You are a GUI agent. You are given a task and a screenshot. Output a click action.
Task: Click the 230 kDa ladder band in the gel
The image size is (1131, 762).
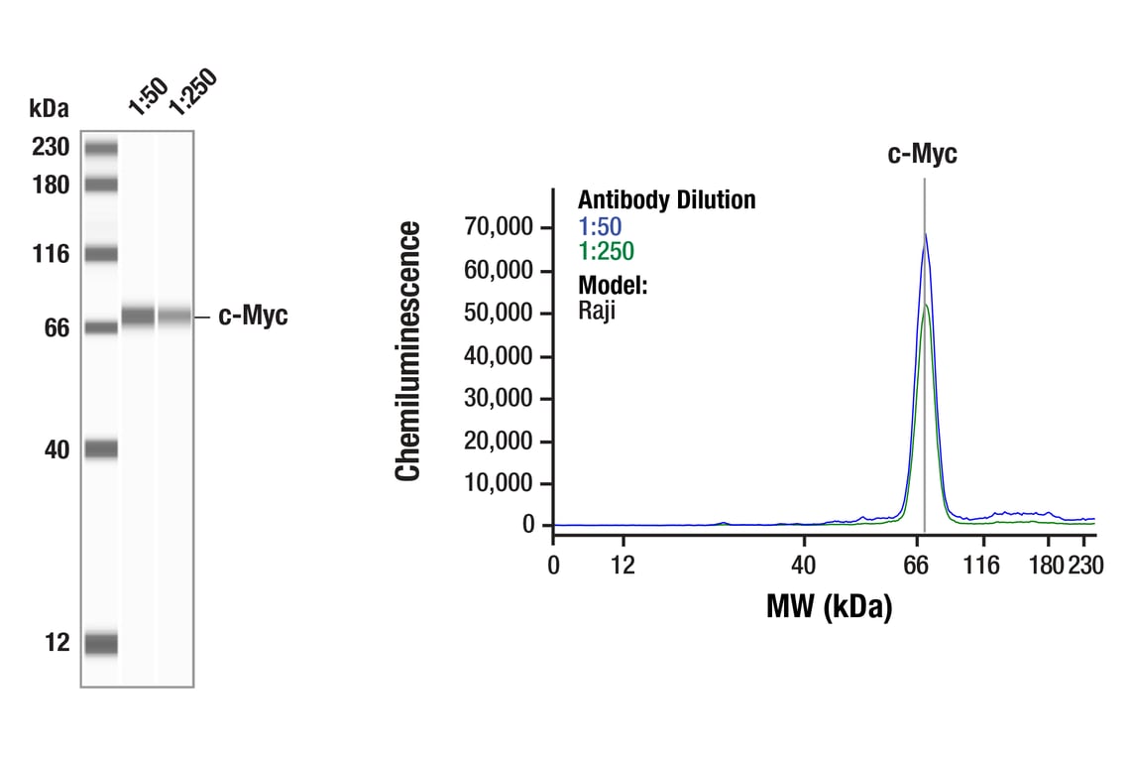[101, 149]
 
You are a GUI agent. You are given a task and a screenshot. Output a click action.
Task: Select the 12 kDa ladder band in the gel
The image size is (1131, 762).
[101, 644]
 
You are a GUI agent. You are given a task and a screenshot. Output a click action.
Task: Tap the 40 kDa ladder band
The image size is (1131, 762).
[101, 449]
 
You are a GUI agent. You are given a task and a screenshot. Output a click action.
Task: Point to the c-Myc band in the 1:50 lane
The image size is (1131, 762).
[138, 317]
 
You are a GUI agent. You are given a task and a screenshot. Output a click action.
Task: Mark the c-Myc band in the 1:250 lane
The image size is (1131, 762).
[174, 317]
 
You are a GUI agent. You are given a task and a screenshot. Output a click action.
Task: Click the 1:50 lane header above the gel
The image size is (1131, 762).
[147, 95]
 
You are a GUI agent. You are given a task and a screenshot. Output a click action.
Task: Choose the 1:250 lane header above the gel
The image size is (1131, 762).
[190, 91]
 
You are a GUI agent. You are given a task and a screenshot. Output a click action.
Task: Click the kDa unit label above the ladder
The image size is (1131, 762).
[50, 108]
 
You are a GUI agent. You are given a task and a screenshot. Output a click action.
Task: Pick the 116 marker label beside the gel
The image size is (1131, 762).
[50, 255]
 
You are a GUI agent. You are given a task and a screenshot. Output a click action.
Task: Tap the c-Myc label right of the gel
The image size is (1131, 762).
[253, 317]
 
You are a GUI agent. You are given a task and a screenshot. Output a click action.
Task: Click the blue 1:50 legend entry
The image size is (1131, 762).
[600, 226]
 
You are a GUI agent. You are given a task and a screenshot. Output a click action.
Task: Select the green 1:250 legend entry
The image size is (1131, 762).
[606, 252]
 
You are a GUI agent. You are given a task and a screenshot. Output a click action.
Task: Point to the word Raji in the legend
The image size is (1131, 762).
[597, 310]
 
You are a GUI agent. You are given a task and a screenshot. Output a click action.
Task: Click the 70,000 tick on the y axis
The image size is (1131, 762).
[500, 227]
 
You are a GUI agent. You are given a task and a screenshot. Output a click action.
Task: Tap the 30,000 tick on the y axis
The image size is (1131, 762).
[500, 398]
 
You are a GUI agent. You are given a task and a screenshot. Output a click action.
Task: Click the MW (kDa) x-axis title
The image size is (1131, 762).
[829, 605]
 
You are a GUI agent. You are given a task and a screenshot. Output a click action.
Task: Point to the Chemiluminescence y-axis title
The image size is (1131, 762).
[408, 351]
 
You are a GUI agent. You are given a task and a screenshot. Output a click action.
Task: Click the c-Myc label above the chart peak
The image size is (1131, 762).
[923, 154]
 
